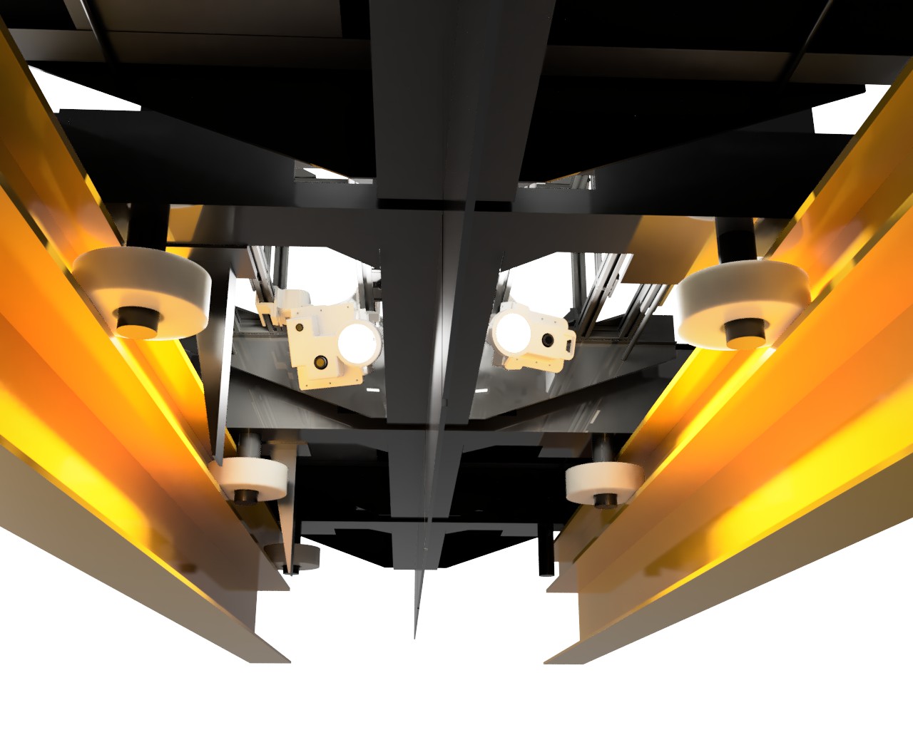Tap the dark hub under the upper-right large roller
[x=745, y=332]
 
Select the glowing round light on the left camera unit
[x=358, y=342]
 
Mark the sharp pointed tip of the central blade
[x=415, y=634]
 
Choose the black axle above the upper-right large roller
[x=735, y=239]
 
